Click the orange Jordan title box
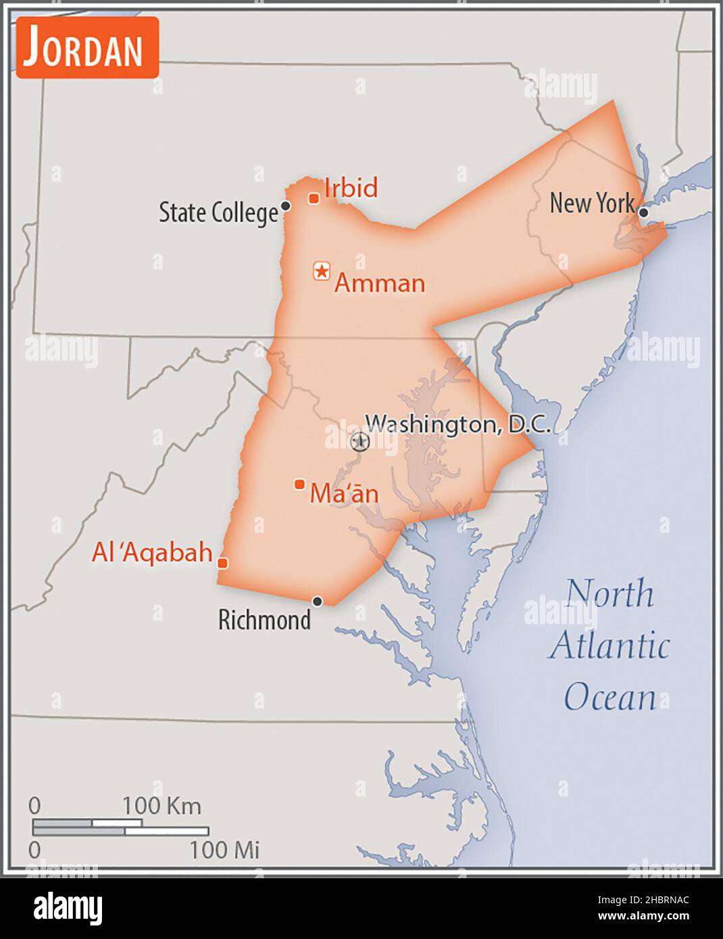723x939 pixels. click(x=87, y=48)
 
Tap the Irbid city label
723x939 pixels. click(x=351, y=188)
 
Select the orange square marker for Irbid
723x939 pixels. click(x=314, y=199)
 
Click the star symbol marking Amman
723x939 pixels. click(x=322, y=272)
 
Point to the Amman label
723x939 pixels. click(x=380, y=283)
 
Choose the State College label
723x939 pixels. click(x=218, y=213)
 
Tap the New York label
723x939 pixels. click(x=592, y=203)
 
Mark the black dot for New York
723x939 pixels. click(x=643, y=213)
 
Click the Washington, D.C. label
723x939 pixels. click(x=458, y=424)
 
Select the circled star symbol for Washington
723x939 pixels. click(x=360, y=442)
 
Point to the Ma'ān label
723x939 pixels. click(x=344, y=494)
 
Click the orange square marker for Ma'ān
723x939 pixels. click(x=299, y=484)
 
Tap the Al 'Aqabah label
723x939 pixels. click(x=152, y=553)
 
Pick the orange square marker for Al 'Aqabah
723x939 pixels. click(x=222, y=563)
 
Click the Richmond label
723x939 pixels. click(x=264, y=619)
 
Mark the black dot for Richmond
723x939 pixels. click(x=317, y=601)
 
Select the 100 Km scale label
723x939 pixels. click(x=161, y=806)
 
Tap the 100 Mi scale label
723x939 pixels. click(x=224, y=850)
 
